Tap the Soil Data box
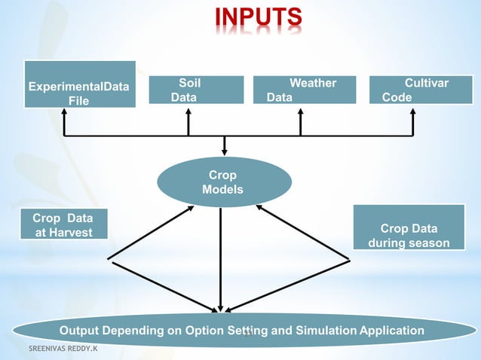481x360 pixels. click(196, 90)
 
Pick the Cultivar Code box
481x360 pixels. click(414, 90)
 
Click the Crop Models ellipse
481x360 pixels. click(223, 182)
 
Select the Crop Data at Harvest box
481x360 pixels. click(63, 224)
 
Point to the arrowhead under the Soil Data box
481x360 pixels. click(188, 111)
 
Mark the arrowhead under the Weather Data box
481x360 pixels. click(300, 111)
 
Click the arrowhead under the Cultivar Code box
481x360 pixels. click(413, 111)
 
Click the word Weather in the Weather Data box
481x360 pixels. click(313, 83)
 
